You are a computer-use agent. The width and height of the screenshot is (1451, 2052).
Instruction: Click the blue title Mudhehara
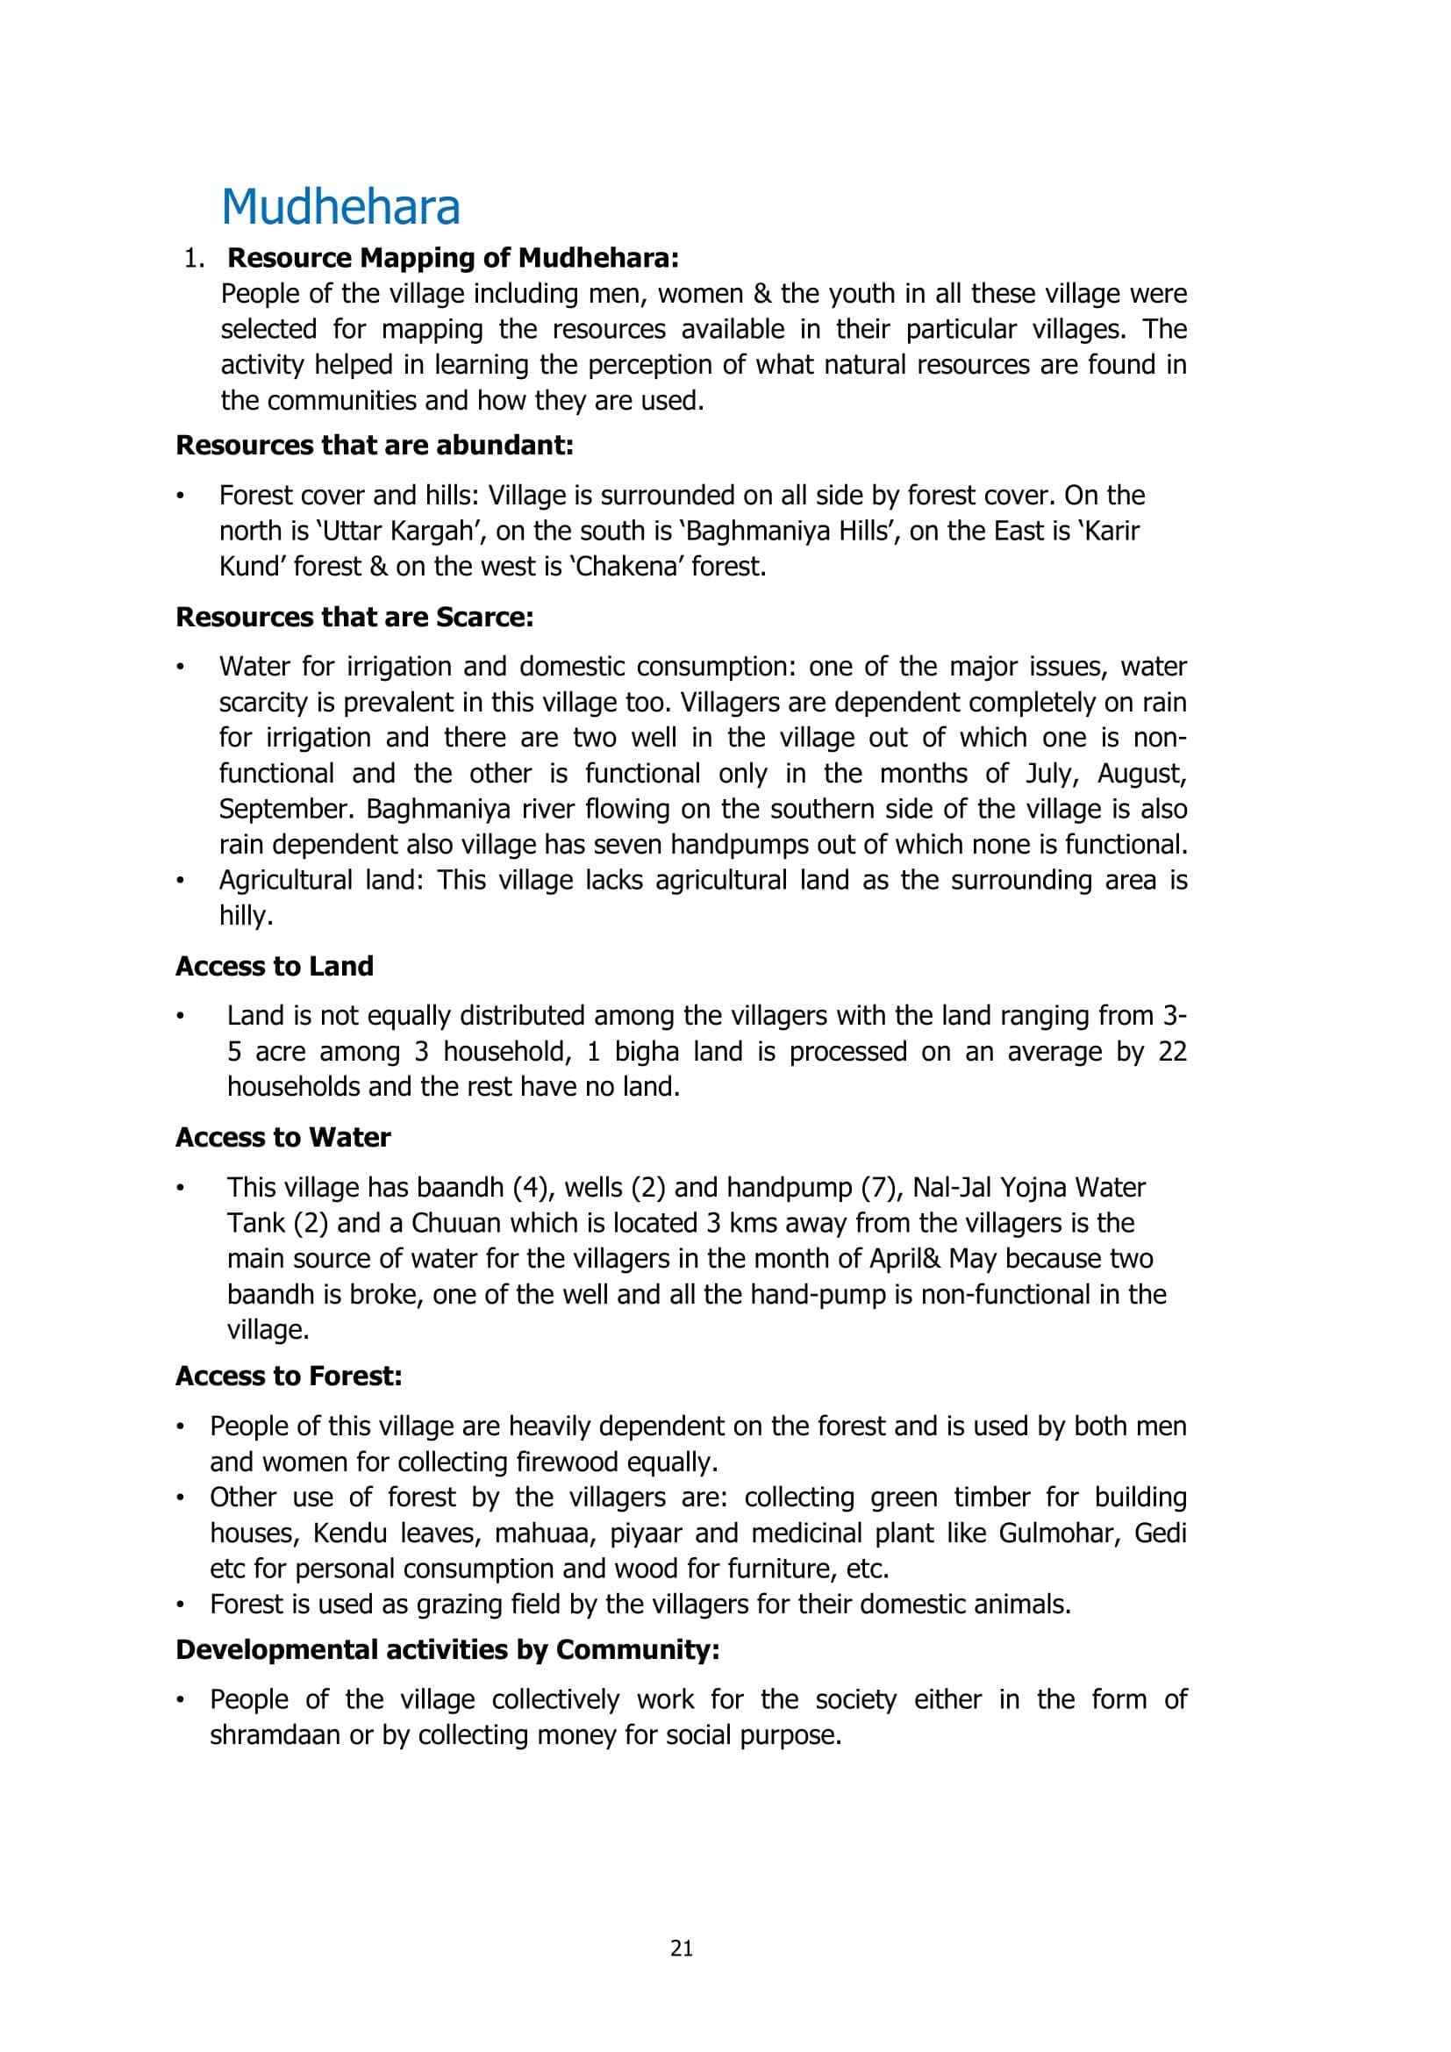[x=340, y=207]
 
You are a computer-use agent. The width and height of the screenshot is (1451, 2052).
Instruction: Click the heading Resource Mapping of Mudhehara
[x=453, y=258]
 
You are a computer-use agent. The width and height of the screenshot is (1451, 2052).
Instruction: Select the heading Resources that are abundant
[x=375, y=445]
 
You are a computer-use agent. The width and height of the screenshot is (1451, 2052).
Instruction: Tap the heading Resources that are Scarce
[x=354, y=617]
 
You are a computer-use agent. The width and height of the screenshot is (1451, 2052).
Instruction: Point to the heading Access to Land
[x=275, y=966]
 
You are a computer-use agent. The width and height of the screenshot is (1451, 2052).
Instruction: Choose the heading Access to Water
[x=283, y=1137]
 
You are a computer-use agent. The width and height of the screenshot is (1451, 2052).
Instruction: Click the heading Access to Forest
[x=289, y=1376]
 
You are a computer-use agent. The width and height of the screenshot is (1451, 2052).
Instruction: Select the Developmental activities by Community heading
[x=447, y=1649]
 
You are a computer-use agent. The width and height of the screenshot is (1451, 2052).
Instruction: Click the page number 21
[x=682, y=1948]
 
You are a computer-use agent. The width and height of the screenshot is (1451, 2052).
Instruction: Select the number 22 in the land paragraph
[x=1172, y=1051]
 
